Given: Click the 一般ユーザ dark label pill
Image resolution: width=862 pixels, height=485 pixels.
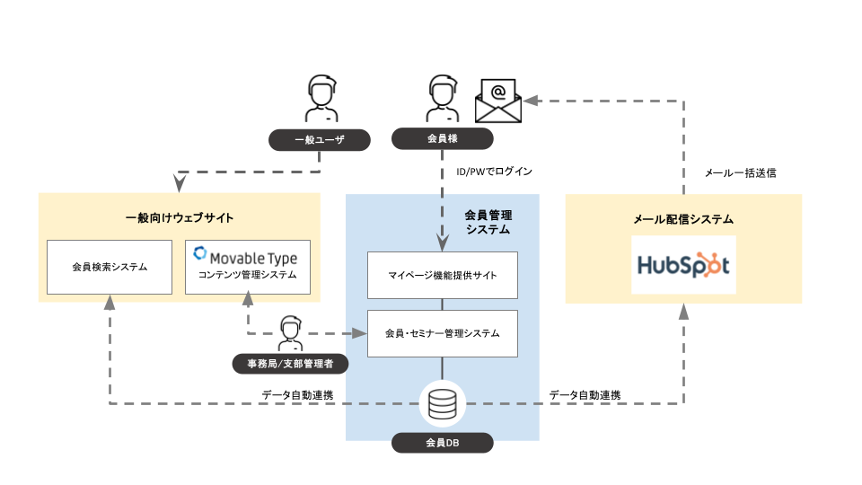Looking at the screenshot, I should tap(321, 139).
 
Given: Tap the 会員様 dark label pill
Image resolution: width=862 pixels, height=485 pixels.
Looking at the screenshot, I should tap(442, 139).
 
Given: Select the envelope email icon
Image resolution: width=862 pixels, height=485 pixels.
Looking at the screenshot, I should tap(498, 100).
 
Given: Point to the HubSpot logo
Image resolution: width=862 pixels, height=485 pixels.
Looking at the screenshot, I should tap(683, 265).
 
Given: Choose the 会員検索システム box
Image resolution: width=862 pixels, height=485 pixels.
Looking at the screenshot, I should tap(109, 267).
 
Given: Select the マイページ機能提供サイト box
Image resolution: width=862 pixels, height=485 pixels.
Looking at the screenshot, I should tap(443, 275).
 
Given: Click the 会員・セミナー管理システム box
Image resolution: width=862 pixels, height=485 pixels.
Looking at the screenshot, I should tap(443, 332).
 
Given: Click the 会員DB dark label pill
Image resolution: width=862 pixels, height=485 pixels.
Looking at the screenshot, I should tap(442, 442).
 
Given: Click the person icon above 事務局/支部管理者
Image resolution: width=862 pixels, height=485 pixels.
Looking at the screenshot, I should tap(289, 332).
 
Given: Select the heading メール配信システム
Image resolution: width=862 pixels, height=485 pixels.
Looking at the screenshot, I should tap(682, 218).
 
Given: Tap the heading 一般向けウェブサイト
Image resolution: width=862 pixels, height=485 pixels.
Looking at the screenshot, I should tap(180, 218).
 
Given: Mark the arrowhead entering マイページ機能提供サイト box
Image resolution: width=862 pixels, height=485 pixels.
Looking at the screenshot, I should tap(442, 242).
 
